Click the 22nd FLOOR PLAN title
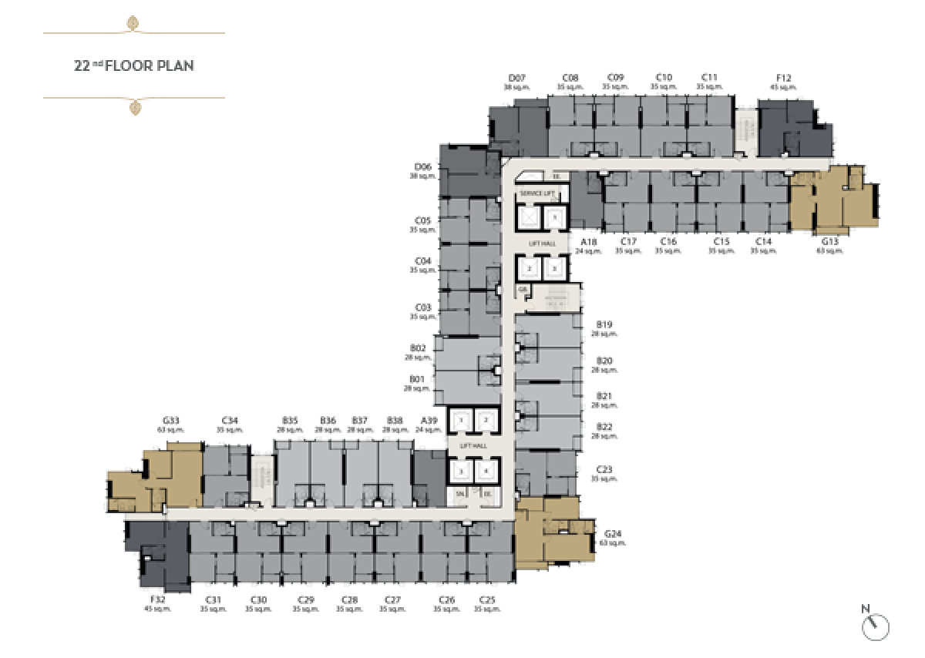(x=133, y=65)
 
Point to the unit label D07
(x=516, y=78)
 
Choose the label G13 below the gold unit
(x=829, y=241)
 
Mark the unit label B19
(x=604, y=324)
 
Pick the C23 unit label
(x=604, y=469)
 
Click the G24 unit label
(x=613, y=534)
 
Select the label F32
(x=158, y=599)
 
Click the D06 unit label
(x=422, y=166)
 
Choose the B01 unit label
(x=418, y=379)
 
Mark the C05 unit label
(x=422, y=220)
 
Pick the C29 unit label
(x=306, y=599)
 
